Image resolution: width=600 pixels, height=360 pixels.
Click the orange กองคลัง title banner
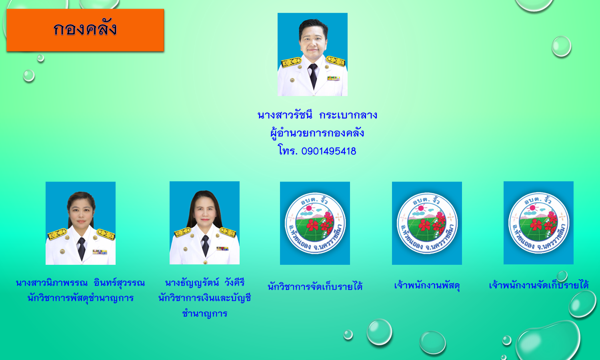(85, 30)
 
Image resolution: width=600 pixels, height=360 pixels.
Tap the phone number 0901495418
(329, 151)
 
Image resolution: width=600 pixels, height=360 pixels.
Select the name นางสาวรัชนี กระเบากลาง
(317, 115)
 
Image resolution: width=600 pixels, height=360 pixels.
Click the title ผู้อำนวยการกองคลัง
(317, 133)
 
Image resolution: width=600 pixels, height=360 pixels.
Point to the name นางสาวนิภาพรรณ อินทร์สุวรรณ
(80, 283)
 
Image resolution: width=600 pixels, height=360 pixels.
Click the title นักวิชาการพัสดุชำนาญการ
(80, 298)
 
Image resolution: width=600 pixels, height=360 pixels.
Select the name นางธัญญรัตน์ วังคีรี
(205, 282)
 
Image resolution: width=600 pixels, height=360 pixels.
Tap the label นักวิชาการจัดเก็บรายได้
(315, 286)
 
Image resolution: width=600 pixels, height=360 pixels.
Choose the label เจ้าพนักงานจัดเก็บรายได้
(539, 285)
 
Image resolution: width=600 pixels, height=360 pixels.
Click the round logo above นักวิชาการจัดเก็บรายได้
(315, 223)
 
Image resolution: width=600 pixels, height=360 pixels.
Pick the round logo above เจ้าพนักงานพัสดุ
(427, 223)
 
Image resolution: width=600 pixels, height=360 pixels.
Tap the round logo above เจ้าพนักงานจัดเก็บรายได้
(539, 222)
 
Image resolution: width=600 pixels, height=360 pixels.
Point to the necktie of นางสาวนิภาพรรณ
(82, 248)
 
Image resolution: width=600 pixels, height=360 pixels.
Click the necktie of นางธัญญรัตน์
(205, 245)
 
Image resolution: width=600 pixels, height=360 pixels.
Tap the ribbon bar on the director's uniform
(333, 78)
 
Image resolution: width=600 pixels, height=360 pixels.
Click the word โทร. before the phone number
(288, 150)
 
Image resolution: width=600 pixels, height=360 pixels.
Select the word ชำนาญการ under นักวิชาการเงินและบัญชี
(205, 313)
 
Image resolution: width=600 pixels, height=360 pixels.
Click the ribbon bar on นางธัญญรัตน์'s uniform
(222, 248)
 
